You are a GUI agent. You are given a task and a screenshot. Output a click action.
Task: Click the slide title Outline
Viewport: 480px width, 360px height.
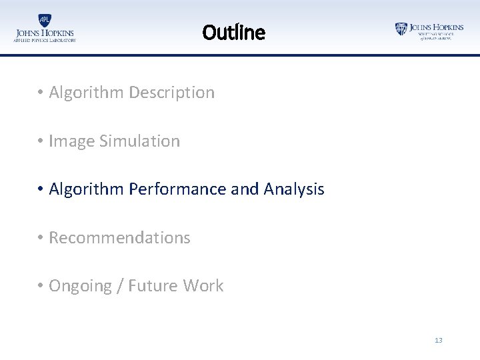click(233, 32)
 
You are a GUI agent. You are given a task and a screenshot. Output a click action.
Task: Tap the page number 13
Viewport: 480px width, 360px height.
click(438, 340)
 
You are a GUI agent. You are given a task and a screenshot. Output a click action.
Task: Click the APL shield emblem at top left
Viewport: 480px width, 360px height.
click(45, 20)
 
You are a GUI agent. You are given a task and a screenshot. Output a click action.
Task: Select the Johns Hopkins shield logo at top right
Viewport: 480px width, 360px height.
click(401, 29)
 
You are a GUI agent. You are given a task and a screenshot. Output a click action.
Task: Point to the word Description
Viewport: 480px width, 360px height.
click(171, 93)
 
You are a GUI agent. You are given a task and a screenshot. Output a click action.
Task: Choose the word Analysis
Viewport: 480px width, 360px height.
click(294, 189)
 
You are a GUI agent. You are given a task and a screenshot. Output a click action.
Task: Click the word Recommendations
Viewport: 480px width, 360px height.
click(119, 238)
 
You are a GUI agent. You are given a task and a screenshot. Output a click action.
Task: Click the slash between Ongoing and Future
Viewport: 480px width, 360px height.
click(120, 286)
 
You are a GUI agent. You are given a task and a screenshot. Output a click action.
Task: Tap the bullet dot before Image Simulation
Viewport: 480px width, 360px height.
click(41, 142)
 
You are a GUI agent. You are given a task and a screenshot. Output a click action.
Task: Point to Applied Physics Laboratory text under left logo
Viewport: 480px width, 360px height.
click(45, 41)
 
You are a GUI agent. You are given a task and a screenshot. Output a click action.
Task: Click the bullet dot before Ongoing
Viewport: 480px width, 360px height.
click(41, 287)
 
